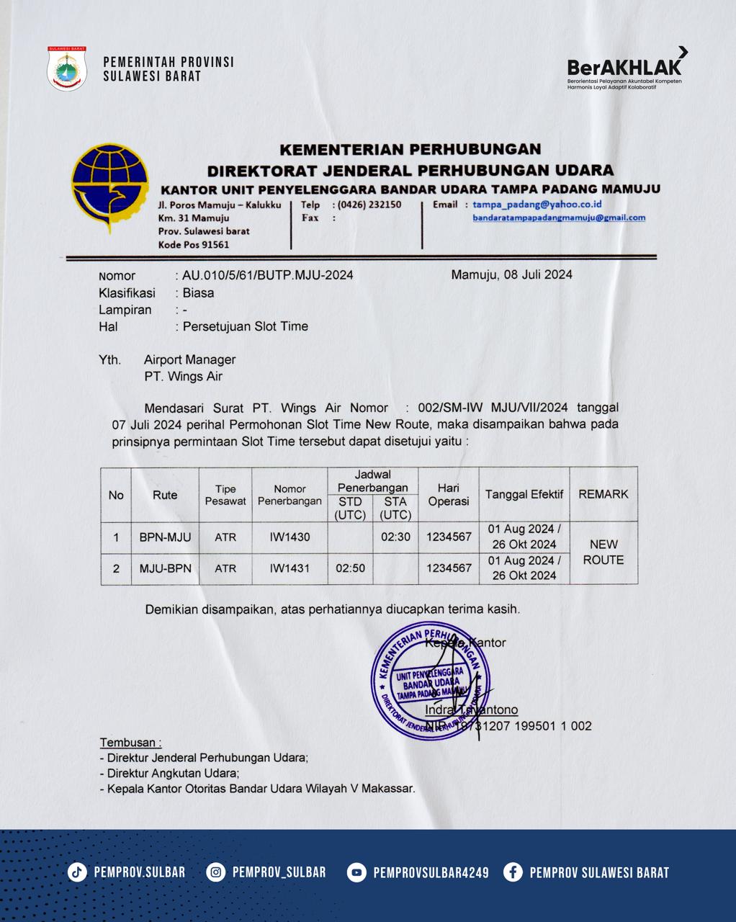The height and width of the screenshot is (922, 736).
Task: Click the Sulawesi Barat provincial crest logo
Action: click(67, 69)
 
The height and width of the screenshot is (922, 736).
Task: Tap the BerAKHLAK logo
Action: click(625, 68)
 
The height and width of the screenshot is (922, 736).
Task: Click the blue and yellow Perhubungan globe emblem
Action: click(109, 186)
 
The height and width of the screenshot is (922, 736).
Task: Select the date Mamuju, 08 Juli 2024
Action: click(511, 274)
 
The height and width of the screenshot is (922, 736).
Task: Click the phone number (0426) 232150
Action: click(369, 205)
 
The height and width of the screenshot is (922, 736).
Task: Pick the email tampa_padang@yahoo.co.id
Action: click(537, 205)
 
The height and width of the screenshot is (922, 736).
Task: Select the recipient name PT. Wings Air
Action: click(184, 376)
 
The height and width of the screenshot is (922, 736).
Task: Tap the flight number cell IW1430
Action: click(290, 537)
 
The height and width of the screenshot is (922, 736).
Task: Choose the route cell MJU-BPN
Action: click(165, 568)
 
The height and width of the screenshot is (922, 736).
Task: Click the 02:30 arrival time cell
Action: click(395, 537)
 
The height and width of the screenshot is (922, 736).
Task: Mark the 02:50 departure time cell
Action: click(350, 568)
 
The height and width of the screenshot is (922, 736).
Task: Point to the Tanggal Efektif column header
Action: click(524, 495)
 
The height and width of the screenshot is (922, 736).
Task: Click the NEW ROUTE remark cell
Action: click(603, 552)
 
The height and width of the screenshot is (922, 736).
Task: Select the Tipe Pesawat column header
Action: click(225, 495)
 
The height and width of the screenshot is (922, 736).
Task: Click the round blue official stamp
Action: click(430, 681)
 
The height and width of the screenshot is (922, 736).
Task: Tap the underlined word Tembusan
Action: click(130, 743)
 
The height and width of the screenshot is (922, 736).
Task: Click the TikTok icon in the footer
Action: click(77, 872)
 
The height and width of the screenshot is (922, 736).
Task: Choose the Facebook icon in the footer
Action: click(513, 872)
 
